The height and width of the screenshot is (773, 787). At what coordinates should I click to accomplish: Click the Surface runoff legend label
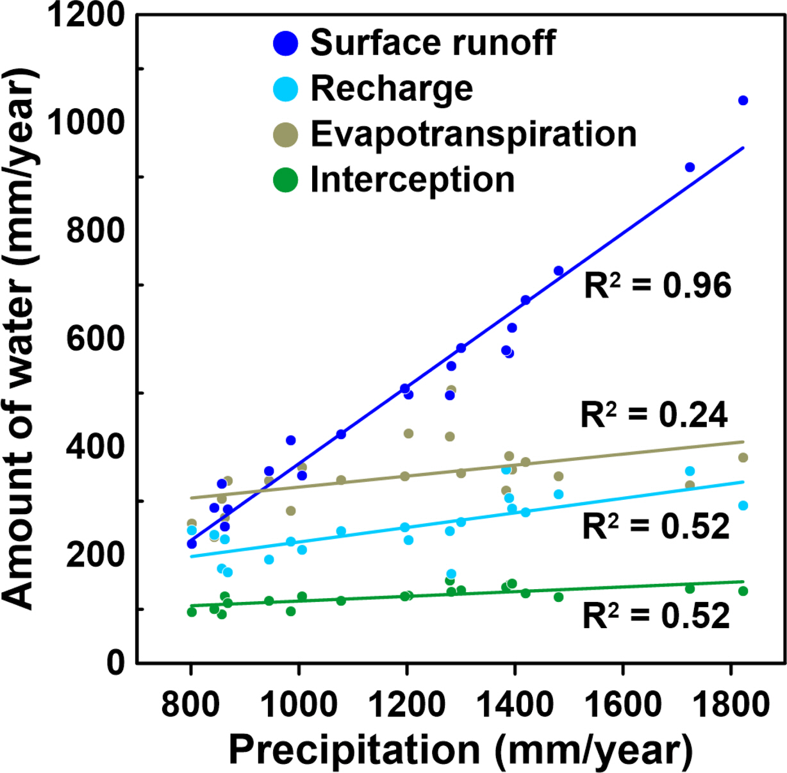[x=433, y=43]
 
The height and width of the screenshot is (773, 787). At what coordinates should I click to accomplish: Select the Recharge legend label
[x=392, y=88]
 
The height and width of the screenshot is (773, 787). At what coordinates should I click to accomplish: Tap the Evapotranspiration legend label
[x=474, y=134]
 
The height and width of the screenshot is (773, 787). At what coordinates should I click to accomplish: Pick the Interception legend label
[x=412, y=179]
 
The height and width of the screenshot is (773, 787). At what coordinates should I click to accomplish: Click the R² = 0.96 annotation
[x=657, y=285]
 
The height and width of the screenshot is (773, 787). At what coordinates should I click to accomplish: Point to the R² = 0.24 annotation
[x=654, y=415]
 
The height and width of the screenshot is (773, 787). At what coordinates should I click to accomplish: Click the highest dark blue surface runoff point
[x=743, y=101]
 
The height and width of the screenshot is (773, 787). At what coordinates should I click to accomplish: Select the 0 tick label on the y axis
[x=115, y=662]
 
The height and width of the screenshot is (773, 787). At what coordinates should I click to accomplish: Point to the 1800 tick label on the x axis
[x=731, y=705]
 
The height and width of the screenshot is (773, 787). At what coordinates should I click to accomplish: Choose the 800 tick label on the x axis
[x=190, y=705]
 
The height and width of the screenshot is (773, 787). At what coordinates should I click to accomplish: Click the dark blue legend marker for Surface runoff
[x=285, y=44]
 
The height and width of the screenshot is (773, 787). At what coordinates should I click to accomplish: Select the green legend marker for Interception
[x=285, y=180]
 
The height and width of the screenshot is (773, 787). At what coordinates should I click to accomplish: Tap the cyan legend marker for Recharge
[x=285, y=89]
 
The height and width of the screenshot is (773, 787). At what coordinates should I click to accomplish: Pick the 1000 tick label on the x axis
[x=298, y=705]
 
